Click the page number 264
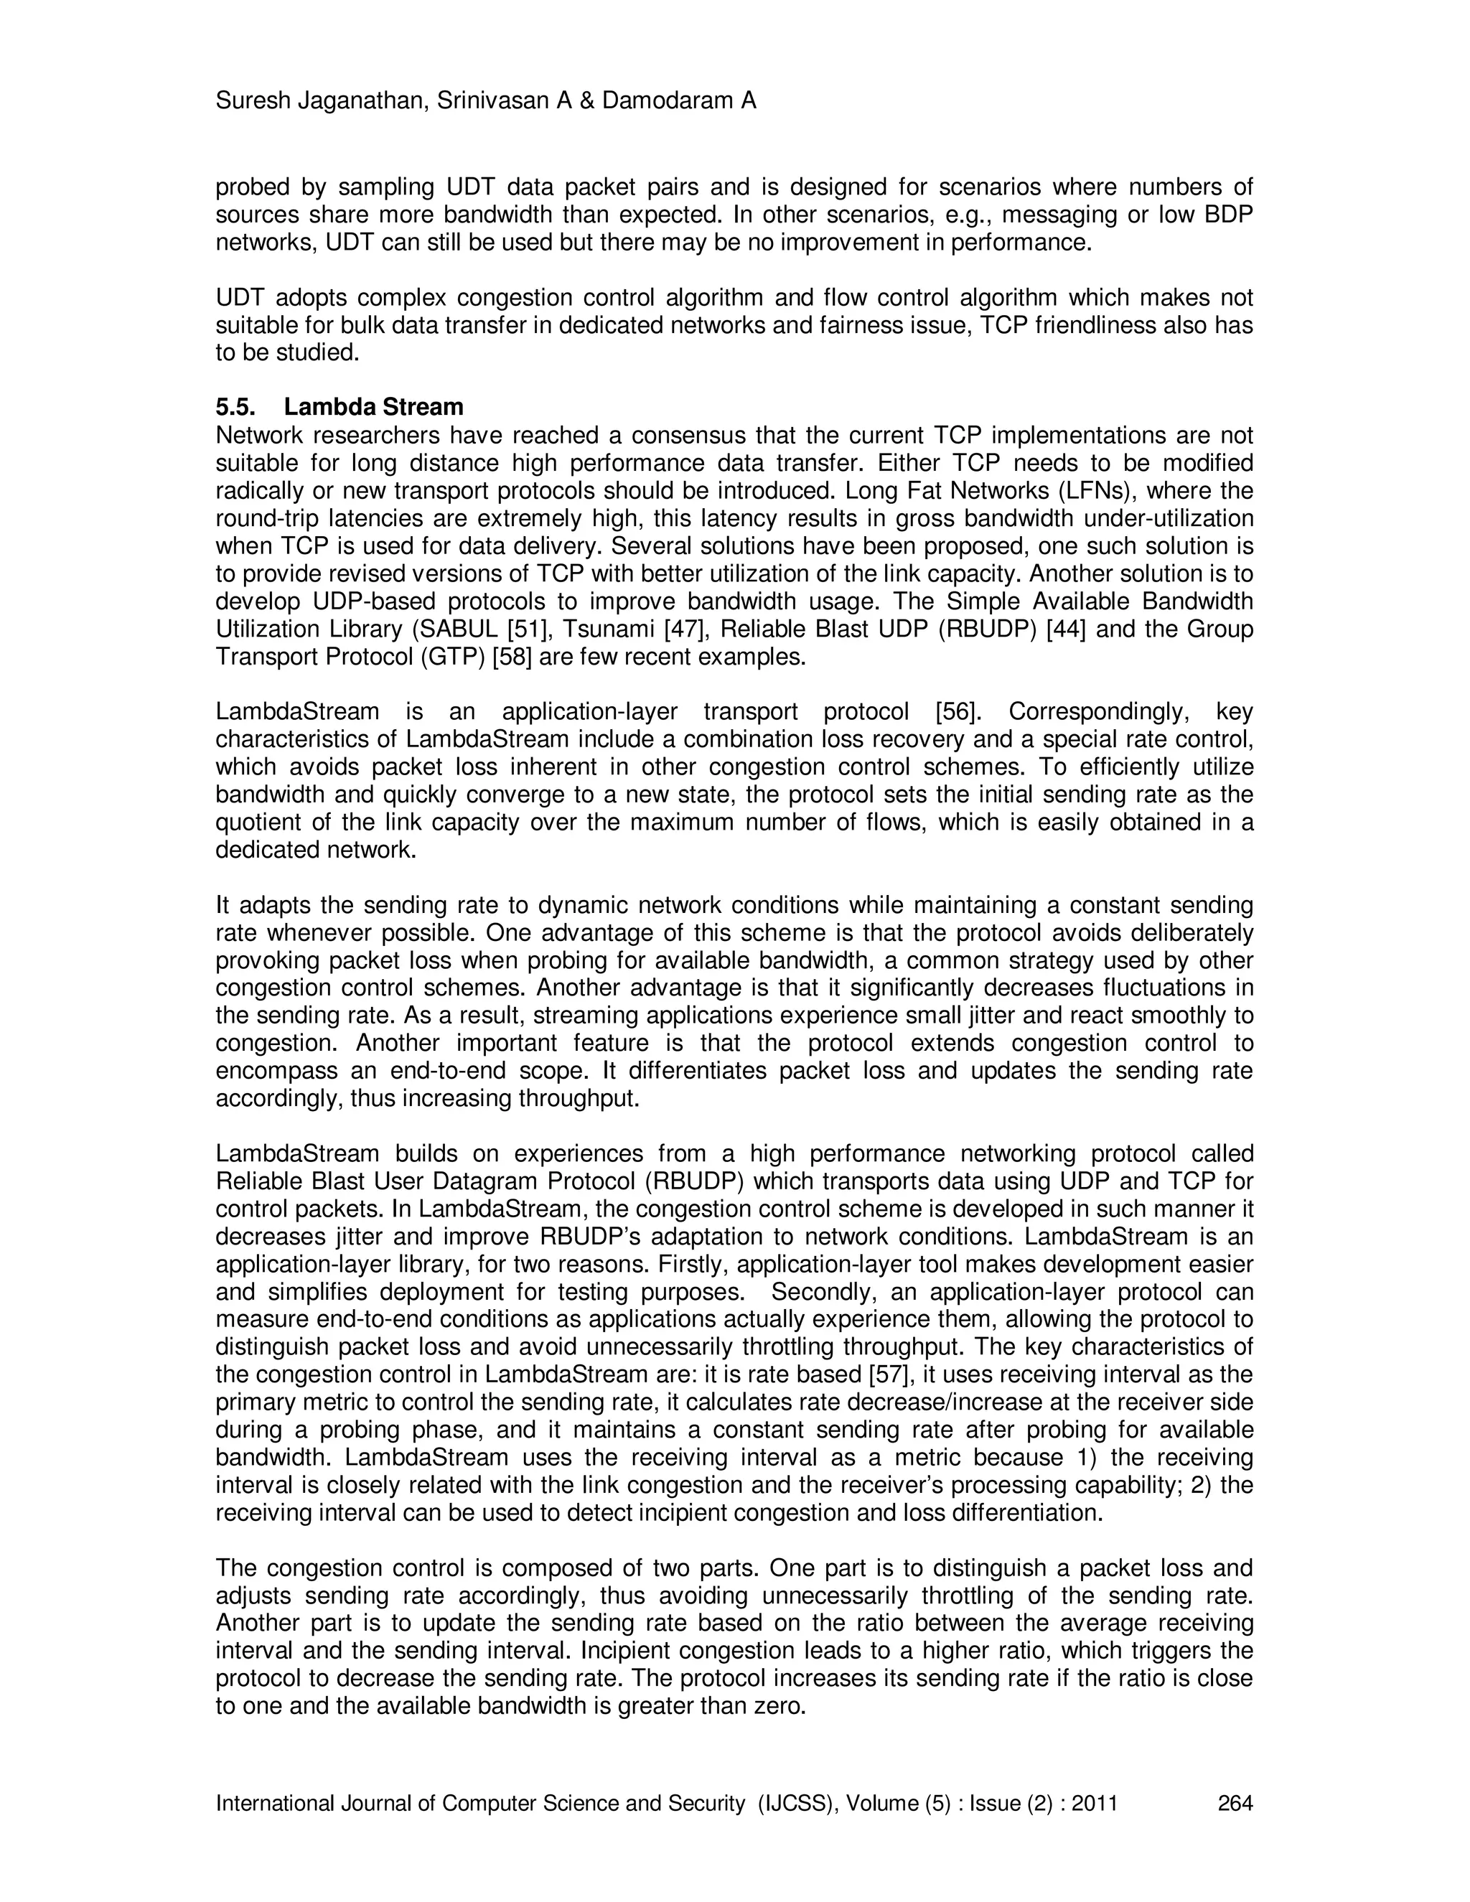click(1235, 1803)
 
